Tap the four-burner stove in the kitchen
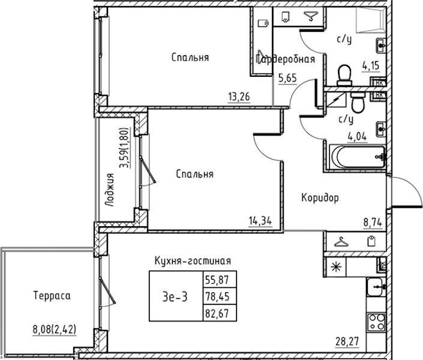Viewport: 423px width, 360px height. (x=377, y=321)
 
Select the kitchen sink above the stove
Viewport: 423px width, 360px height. (x=375, y=287)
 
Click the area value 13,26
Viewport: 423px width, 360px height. (x=239, y=97)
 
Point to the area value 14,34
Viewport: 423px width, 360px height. (x=260, y=221)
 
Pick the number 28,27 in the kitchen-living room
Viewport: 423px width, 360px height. (x=347, y=341)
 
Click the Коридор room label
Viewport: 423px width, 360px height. (x=320, y=198)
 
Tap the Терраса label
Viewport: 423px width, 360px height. (x=52, y=296)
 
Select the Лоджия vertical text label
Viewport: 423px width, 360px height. (x=110, y=190)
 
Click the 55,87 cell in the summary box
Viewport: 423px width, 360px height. (x=217, y=280)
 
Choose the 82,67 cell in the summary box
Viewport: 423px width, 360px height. (x=217, y=313)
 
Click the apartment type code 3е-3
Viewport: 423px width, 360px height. (x=175, y=297)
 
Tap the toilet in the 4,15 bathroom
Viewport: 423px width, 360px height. (x=344, y=75)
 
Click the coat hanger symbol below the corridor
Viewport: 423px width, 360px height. (x=341, y=242)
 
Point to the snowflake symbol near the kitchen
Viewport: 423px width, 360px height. (x=336, y=267)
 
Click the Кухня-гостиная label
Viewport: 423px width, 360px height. (x=193, y=261)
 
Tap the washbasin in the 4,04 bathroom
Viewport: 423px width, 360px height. (x=380, y=130)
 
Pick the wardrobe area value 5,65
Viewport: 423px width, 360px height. (x=287, y=78)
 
